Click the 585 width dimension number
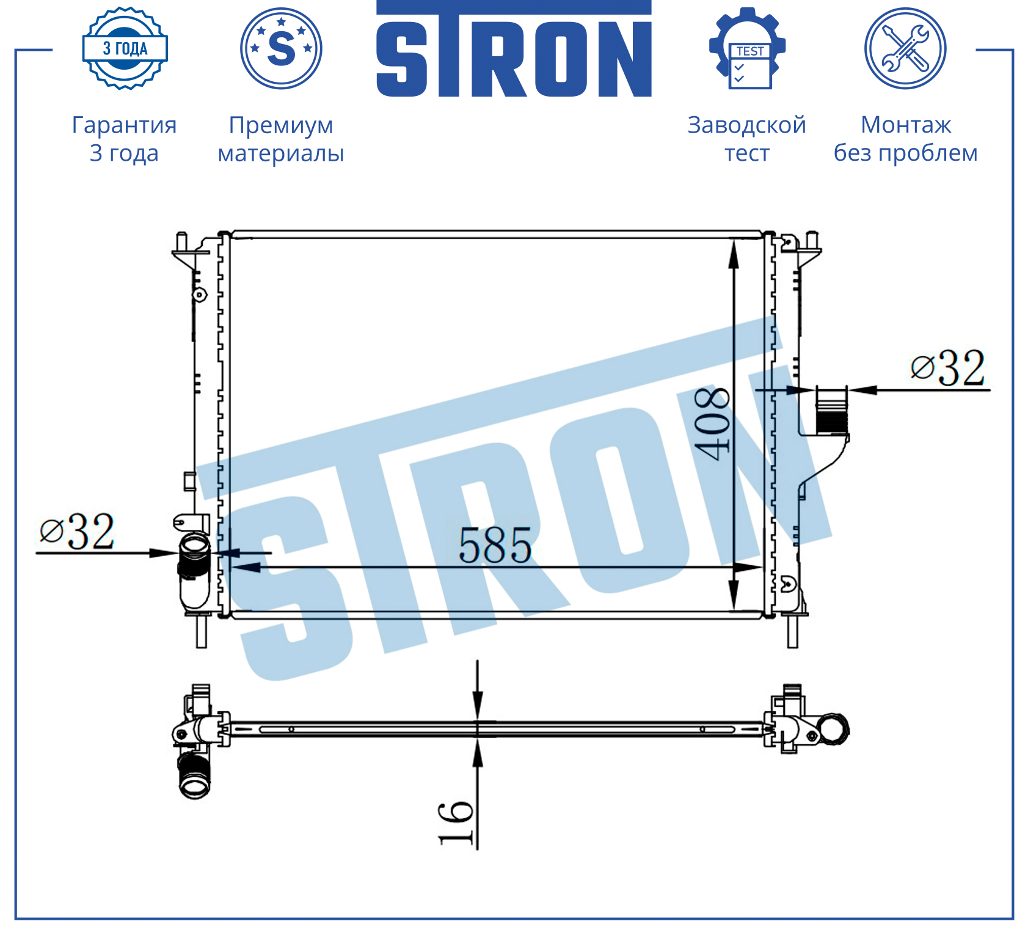495,545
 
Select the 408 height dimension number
713,423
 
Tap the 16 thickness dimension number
456,823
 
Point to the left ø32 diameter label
77,532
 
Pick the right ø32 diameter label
947,368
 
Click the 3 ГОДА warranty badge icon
125,48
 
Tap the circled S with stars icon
281,48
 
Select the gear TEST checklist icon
747,48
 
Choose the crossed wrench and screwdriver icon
905,48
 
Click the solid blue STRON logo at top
514,49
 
